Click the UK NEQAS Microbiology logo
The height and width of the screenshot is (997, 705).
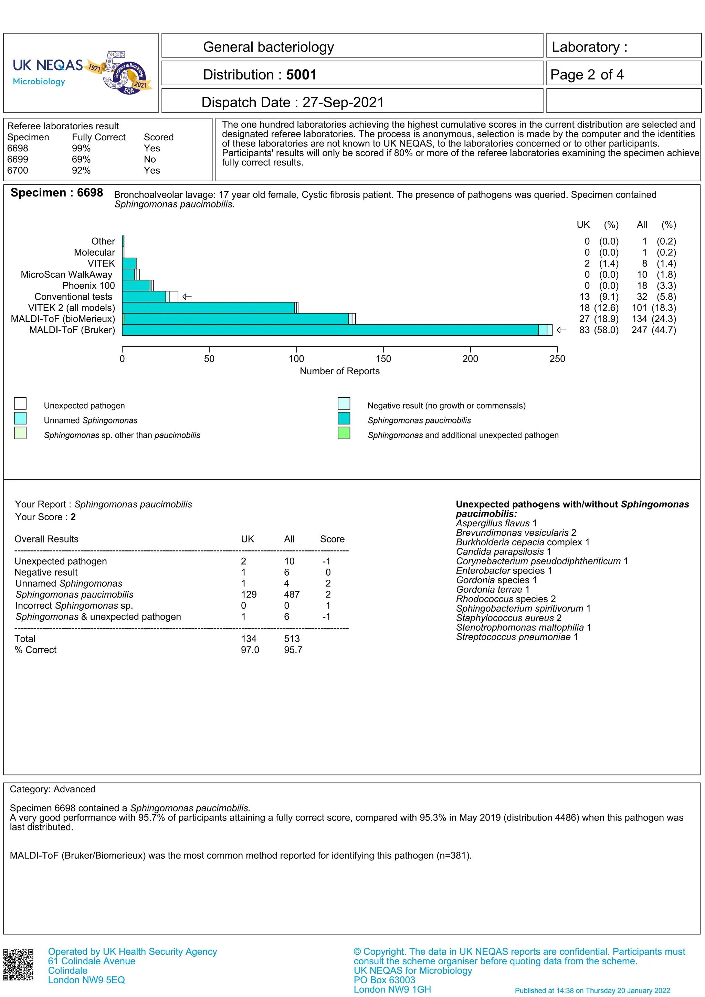click(82, 73)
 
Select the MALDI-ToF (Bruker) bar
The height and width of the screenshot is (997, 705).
click(330, 330)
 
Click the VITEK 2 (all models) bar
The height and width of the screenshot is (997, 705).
click(209, 308)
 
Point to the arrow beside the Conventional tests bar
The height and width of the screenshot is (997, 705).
click(187, 297)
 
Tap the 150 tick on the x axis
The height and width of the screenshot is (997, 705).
click(383, 359)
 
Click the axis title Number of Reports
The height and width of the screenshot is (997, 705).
click(339, 371)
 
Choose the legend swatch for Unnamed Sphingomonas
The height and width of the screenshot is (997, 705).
click(20, 418)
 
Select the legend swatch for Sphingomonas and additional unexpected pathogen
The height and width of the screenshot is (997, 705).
click(344, 433)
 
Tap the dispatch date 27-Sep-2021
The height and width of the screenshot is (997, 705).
click(343, 103)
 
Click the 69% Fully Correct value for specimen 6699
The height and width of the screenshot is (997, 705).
click(81, 159)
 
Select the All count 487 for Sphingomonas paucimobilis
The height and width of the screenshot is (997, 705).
click(292, 594)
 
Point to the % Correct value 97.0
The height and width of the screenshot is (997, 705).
click(250, 650)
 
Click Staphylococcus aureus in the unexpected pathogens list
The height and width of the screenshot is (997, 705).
click(505, 618)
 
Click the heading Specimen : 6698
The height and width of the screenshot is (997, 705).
click(57, 193)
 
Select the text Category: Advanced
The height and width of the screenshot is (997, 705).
click(53, 789)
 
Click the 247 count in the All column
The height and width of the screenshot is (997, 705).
click(639, 330)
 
